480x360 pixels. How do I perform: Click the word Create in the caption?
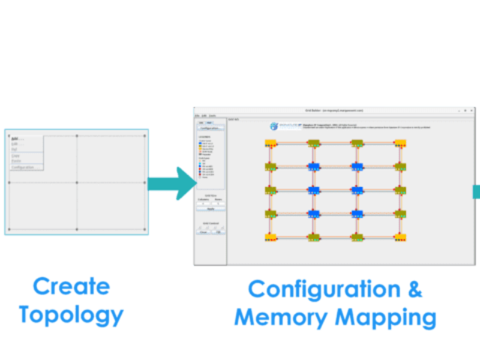point(71,286)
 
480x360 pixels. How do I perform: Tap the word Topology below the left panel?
point(71,314)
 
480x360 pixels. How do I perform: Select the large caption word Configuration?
point(324,289)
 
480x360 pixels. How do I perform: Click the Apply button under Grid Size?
point(211,209)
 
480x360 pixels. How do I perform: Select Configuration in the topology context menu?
point(23,167)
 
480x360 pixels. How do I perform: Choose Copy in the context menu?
point(16,156)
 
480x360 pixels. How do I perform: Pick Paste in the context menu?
point(16,161)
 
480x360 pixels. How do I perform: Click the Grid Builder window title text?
point(334,111)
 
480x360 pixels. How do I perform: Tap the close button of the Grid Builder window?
point(472,111)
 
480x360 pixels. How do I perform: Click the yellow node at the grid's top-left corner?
point(271,143)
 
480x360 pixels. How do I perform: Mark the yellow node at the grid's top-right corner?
point(400,143)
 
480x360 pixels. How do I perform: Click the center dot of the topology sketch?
point(77,182)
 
